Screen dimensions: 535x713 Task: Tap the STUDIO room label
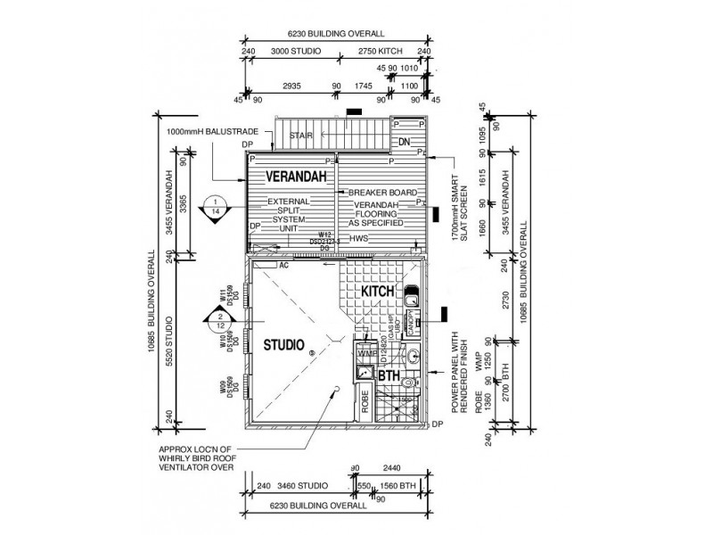(x=283, y=344)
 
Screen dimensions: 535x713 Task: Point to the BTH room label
(x=389, y=377)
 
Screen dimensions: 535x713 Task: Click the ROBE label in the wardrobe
(x=365, y=401)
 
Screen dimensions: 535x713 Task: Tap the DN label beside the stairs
(x=404, y=143)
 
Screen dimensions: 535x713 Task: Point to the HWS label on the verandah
(x=359, y=239)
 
